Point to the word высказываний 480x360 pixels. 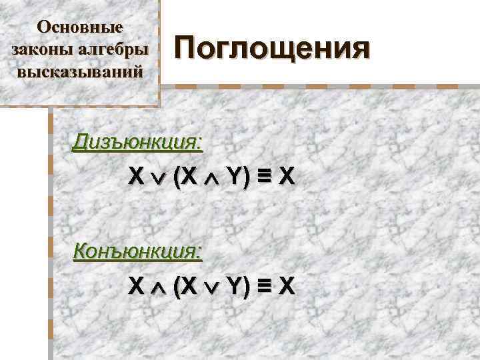click(80, 71)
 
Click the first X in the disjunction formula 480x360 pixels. click(136, 178)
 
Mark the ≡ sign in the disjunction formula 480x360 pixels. click(263, 178)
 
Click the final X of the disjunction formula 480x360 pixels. click(286, 178)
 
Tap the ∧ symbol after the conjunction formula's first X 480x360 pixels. click(158, 287)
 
